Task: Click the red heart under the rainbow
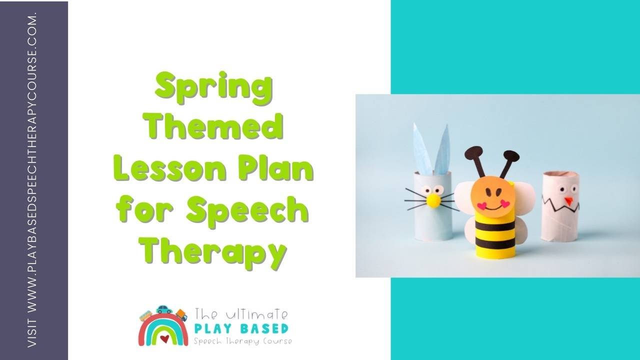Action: click(164, 339)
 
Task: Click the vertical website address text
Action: click(33, 180)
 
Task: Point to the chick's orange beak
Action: click(568, 201)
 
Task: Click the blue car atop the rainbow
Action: click(164, 310)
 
